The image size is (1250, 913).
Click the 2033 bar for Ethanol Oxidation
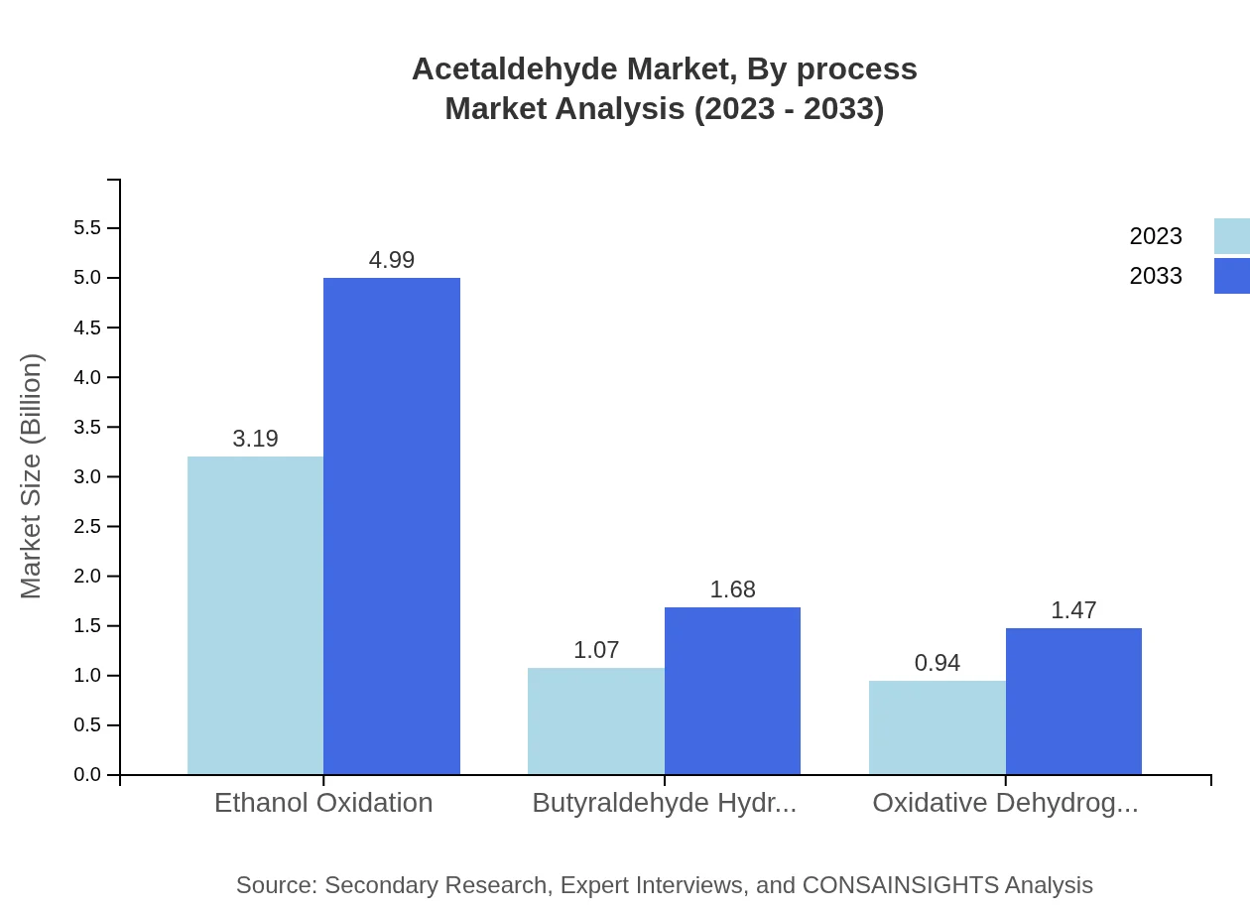[x=392, y=526]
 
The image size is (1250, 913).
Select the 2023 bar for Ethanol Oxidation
[x=255, y=615]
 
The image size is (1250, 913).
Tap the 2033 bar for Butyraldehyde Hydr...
[x=732, y=691]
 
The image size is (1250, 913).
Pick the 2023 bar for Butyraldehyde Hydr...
[x=596, y=721]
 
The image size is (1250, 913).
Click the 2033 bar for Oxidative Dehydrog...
[x=1073, y=702]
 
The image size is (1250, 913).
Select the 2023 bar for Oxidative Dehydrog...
[x=937, y=727]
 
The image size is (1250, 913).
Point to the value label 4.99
[x=392, y=260]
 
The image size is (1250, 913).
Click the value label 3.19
[x=255, y=439]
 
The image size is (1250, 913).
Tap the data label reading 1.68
[x=732, y=589]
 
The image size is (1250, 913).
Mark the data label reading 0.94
[x=937, y=663]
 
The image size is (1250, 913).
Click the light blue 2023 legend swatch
[x=1231, y=236]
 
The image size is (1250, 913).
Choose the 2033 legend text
[x=1156, y=276]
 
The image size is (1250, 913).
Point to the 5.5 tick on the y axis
[x=87, y=228]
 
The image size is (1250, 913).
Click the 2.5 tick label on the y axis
[x=87, y=527]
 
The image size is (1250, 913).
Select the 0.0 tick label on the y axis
[x=87, y=775]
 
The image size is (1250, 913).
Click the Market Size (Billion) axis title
[x=32, y=476]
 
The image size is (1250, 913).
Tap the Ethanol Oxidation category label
[x=323, y=803]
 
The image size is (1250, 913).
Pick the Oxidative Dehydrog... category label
[x=1005, y=803]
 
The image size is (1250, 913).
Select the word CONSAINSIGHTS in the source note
[x=899, y=885]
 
